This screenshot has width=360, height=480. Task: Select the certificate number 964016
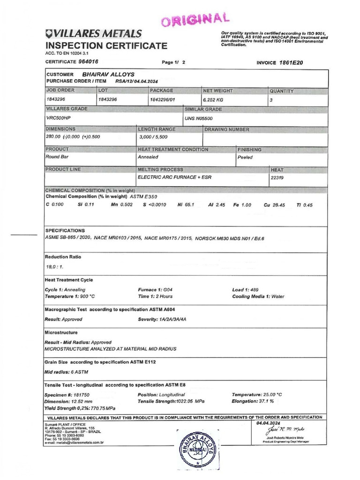tap(89, 62)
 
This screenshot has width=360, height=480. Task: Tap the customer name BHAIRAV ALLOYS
tap(108, 74)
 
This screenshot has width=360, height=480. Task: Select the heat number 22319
tap(277, 178)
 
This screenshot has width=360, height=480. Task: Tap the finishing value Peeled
tap(245, 157)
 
